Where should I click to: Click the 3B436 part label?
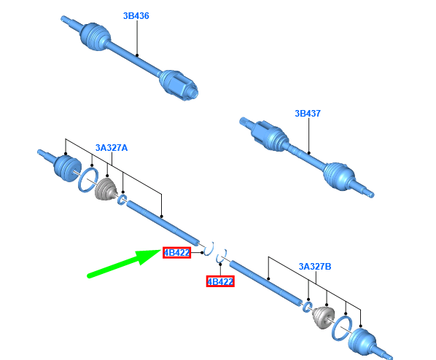click(x=136, y=16)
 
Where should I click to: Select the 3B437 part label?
click(x=308, y=114)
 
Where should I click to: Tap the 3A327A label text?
click(x=112, y=148)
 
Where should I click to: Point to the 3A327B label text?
click(x=315, y=266)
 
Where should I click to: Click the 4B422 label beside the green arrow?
click(x=177, y=253)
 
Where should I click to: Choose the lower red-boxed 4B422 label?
click(x=220, y=281)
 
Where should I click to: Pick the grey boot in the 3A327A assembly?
click(x=106, y=189)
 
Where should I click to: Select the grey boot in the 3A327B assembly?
click(x=323, y=318)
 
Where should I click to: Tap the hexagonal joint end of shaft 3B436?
click(x=178, y=84)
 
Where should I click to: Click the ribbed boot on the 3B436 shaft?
click(x=95, y=36)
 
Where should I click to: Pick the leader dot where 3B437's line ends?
click(x=308, y=153)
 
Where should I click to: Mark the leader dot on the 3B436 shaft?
click(x=137, y=55)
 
